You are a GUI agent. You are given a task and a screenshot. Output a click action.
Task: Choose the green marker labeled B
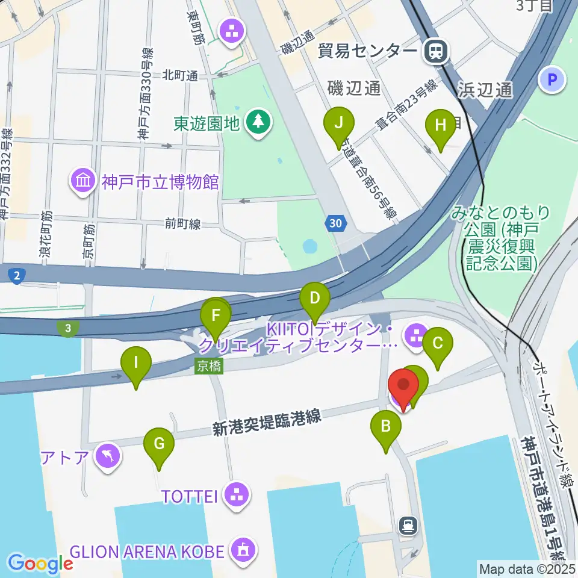[386, 429]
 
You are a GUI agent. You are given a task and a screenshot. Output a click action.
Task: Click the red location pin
[403, 386]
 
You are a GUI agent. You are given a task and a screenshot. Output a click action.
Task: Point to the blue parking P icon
[552, 79]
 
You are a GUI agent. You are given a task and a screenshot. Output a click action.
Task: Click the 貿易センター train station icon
[435, 51]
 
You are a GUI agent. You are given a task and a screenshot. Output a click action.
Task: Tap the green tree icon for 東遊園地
[259, 122]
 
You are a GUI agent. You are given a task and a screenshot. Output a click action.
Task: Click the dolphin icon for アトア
[108, 456]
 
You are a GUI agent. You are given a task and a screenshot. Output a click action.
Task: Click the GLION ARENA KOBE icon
[243, 550]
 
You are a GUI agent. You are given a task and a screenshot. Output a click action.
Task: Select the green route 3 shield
[69, 328]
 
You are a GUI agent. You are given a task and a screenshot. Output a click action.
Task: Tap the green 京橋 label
[209, 366]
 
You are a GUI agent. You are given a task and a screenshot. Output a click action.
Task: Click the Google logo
[40, 563]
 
